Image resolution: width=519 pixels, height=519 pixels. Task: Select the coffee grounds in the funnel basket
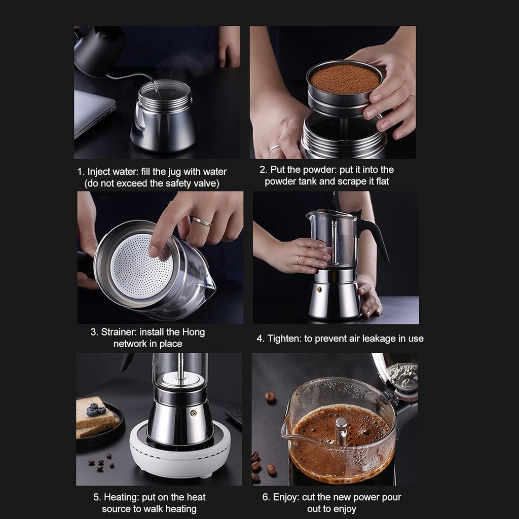pyautogui.click(x=345, y=79)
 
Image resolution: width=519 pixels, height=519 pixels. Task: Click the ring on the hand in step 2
pyautogui.click(x=274, y=150)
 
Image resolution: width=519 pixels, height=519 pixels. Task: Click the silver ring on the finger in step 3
pyautogui.click(x=201, y=221)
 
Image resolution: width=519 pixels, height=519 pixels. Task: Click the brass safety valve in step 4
pyautogui.click(x=319, y=290)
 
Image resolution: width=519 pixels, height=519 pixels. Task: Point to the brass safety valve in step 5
pyautogui.click(x=193, y=413)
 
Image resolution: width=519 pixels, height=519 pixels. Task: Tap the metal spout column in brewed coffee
pyautogui.click(x=342, y=431)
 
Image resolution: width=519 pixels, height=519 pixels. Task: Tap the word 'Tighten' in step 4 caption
pyautogui.click(x=284, y=339)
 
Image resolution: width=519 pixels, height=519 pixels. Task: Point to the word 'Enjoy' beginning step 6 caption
pyautogui.click(x=285, y=497)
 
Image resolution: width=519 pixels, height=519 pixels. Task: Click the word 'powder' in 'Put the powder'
pyautogui.click(x=320, y=170)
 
